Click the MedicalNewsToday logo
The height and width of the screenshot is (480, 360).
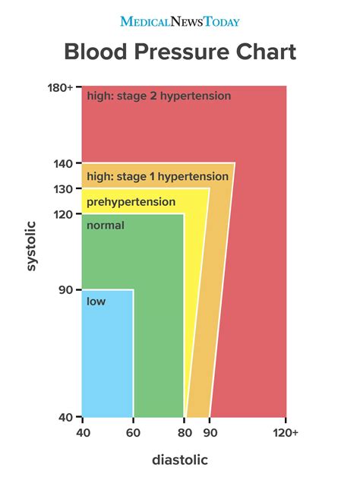(180, 21)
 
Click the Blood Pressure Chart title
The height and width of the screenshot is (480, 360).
(180, 52)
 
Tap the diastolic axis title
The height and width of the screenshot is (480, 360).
(179, 459)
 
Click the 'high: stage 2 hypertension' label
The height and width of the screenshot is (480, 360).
(159, 96)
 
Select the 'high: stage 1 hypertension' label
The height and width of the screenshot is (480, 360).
(157, 176)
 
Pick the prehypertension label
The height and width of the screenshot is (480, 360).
(131, 202)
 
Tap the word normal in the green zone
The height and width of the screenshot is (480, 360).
(106, 226)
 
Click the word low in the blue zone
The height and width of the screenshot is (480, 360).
(96, 302)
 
